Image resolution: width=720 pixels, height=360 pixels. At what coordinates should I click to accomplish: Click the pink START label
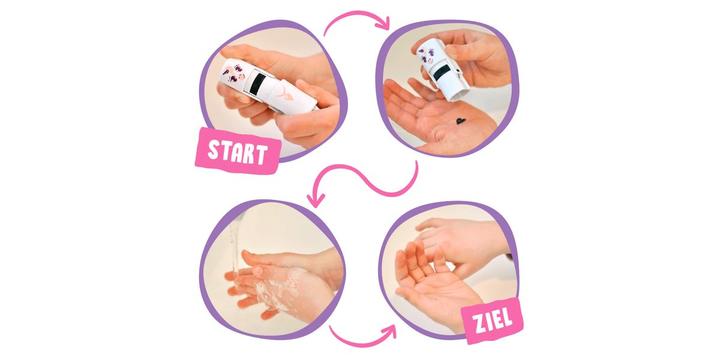point(237,151)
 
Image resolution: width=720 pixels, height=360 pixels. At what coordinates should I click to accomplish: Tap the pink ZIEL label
point(492,320)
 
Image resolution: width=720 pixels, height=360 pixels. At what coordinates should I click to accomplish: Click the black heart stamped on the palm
point(461,121)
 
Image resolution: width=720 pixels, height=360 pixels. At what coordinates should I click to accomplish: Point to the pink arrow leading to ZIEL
point(363,337)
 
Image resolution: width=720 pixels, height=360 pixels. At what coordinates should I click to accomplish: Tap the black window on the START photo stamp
point(257,83)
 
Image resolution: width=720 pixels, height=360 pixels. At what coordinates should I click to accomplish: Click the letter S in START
point(214,149)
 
